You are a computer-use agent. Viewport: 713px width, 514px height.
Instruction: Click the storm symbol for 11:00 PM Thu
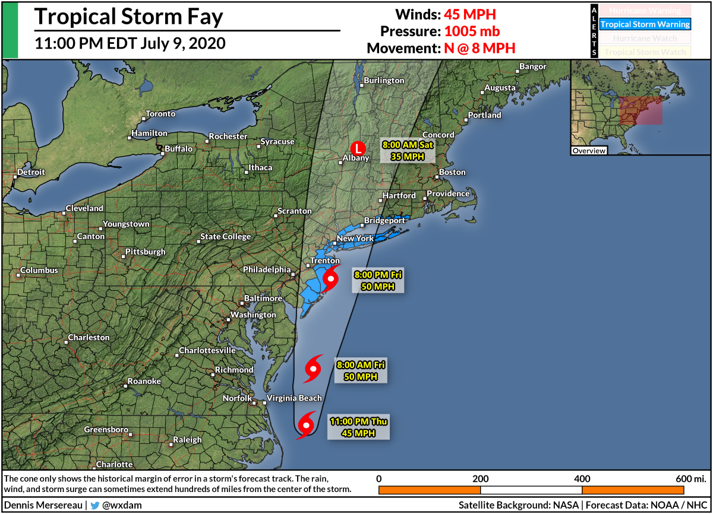coord(306,425)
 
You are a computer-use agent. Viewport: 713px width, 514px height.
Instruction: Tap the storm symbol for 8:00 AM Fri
coord(313,369)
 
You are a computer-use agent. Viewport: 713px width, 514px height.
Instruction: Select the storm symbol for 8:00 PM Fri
coord(330,278)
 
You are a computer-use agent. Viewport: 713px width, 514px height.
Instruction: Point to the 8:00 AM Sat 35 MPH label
coord(407,151)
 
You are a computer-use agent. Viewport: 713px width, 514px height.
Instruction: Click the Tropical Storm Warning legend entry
coord(645,24)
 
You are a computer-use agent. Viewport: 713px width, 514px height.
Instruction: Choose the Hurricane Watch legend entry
coord(645,38)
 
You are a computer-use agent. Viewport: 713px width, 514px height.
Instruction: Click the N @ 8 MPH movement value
coord(479,48)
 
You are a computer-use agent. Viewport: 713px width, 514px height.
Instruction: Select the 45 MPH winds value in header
coord(470,14)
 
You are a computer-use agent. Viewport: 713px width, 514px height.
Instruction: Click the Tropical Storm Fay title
coord(128,17)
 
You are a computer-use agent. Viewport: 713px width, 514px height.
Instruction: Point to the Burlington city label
coord(384,80)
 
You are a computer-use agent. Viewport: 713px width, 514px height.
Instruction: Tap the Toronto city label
coord(160,113)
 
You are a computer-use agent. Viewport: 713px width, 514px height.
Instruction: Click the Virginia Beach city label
coord(294,398)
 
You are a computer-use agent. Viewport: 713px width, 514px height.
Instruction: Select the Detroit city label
coord(31,172)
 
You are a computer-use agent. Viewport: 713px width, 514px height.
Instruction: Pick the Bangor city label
coord(532,66)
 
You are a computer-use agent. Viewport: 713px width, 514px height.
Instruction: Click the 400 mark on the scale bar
coord(582,478)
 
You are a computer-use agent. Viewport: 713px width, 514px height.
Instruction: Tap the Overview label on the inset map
coord(589,151)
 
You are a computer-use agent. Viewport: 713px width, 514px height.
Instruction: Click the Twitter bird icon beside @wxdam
coord(94,506)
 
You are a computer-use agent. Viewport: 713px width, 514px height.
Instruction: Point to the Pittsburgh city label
coord(146,252)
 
